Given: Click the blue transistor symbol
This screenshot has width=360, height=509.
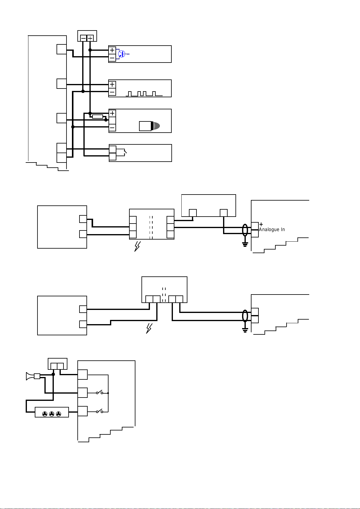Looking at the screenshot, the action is coord(122,54).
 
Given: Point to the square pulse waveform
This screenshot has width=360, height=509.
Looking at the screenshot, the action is coord(144,94).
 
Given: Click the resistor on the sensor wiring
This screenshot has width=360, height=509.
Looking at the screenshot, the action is coord(98,117).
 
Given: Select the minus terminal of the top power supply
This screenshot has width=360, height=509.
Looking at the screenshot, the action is coord(83,38).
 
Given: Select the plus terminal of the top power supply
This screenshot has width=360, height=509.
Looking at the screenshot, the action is coord(90,38).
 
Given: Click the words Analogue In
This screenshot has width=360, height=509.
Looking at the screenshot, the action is coord(272,230).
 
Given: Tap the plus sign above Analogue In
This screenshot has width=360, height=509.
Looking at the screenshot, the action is coord(261,224).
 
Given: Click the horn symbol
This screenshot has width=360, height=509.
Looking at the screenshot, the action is coord(30,376).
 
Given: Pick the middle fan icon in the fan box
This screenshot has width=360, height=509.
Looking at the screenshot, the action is coord(52,414).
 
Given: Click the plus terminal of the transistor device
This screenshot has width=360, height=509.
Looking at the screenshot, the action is coord(112,50).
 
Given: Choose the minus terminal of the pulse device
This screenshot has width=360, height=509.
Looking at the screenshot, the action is coord(112,92).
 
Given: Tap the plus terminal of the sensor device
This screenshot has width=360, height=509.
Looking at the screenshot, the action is coord(112,113).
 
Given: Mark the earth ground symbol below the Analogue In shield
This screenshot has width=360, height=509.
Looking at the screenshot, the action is coord(245,244).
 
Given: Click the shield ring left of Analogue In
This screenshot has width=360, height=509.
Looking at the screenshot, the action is coord(245,230).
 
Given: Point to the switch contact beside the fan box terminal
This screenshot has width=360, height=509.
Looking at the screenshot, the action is coord(99,411).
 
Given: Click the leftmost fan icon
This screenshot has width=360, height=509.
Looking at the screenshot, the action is coord(45,414).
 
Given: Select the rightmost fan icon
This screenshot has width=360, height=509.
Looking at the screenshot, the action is coord(58,414).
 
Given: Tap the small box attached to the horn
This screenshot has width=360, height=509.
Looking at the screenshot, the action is coord(37,376).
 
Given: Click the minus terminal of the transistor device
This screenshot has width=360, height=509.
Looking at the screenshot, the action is coord(112,58).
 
